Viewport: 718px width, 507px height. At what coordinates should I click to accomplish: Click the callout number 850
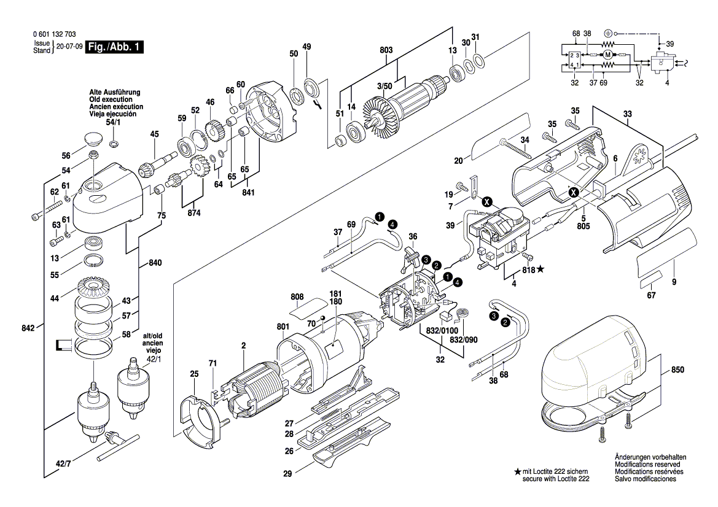[677, 371]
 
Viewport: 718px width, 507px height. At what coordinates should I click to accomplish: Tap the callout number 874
[194, 212]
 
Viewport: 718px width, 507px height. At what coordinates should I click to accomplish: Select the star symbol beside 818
[540, 269]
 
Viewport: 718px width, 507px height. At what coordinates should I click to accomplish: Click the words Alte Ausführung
[114, 92]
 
